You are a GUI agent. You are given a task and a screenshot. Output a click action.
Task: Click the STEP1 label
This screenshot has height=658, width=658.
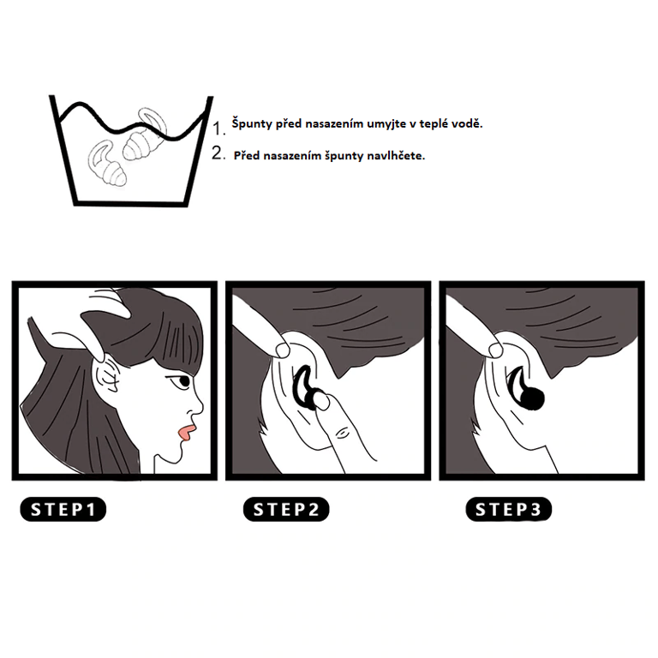coord(63,510)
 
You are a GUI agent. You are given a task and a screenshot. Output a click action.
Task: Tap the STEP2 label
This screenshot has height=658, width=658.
coord(286,510)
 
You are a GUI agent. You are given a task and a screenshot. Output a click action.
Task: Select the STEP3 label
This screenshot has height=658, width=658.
coord(509,510)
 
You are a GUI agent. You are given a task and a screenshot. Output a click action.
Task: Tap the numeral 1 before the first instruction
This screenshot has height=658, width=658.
coord(218,129)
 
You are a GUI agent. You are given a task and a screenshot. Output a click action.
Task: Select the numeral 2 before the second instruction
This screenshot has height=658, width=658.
coord(218,153)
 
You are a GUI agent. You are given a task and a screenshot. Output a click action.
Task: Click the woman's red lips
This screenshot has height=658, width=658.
coord(186,434)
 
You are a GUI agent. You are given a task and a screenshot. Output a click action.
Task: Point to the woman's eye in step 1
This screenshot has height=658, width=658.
coord(182,382)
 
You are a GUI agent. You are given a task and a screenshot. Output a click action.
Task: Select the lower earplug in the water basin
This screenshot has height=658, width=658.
coord(106,164)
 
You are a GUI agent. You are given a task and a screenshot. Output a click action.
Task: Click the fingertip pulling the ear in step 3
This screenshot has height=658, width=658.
coord(495,350)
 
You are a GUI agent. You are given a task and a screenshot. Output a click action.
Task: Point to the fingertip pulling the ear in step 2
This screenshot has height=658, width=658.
coord(283,350)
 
